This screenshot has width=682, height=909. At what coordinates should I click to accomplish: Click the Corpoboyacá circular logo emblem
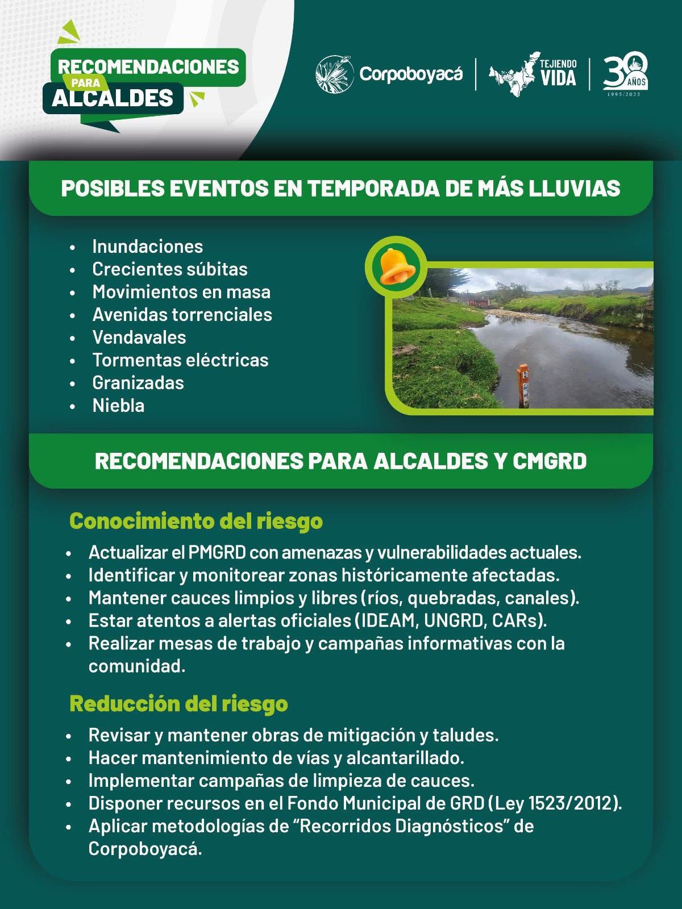(334, 74)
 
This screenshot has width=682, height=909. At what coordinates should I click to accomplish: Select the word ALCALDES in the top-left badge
(113, 98)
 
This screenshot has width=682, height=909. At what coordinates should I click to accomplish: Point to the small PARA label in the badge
(86, 83)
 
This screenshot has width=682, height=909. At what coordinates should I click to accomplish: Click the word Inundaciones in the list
(147, 246)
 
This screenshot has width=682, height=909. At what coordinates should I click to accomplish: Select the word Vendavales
(139, 337)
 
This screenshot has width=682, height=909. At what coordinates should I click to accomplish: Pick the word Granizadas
(138, 382)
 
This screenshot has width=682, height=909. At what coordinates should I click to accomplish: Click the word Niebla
(118, 405)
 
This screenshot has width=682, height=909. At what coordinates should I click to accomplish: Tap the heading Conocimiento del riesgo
(196, 520)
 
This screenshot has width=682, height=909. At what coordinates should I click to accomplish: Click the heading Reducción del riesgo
(178, 703)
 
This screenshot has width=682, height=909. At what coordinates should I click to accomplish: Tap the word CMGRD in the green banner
(550, 461)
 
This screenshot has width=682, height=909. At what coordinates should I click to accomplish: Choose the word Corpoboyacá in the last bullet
(144, 849)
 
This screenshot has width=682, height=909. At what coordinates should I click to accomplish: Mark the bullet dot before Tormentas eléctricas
(72, 361)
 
